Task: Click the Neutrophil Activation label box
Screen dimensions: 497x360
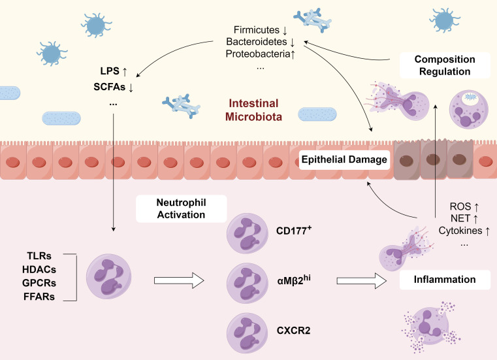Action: (x=182, y=208)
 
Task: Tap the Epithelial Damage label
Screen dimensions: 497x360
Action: (x=344, y=159)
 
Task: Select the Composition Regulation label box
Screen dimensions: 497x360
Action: (x=445, y=65)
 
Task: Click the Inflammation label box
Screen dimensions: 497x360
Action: (x=445, y=280)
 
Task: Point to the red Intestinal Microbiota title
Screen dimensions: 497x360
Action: (x=253, y=110)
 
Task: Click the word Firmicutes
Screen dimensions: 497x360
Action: (x=257, y=30)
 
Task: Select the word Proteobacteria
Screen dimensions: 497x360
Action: (x=258, y=54)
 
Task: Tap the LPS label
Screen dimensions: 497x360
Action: (x=110, y=71)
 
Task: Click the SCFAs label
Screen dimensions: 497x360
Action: (x=109, y=87)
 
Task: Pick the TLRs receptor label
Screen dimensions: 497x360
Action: (x=39, y=255)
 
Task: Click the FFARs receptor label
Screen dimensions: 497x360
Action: (x=39, y=297)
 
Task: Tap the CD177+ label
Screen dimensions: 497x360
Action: (x=294, y=230)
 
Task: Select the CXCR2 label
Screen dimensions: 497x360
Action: (x=293, y=331)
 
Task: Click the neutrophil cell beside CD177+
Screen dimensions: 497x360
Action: (x=248, y=234)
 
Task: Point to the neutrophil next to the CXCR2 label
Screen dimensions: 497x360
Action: (x=248, y=333)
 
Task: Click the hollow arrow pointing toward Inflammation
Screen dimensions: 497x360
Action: (x=361, y=281)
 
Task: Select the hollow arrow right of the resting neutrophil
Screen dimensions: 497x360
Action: (x=179, y=281)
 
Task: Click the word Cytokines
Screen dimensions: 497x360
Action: (x=460, y=231)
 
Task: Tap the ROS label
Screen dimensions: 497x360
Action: (x=460, y=206)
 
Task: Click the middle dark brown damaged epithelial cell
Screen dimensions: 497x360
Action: (x=433, y=160)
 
